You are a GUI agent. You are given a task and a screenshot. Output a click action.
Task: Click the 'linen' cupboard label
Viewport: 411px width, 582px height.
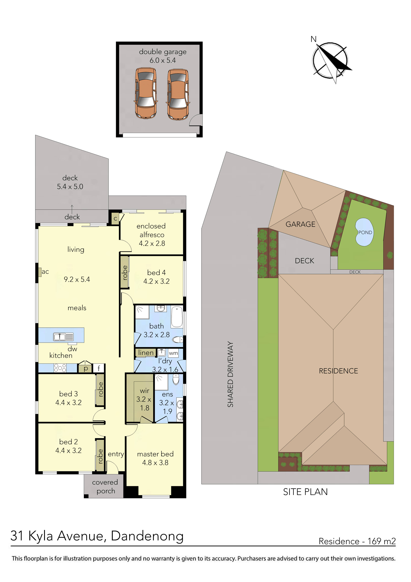tap(146, 353)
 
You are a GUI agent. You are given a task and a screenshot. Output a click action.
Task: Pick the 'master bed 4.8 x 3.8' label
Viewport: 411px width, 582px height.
tap(155, 458)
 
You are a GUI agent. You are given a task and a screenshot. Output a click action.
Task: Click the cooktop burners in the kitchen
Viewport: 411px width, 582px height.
tap(60, 368)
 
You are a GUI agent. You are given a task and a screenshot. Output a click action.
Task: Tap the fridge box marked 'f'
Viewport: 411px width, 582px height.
tap(99, 368)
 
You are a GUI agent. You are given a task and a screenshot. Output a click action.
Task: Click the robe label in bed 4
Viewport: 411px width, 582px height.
tap(125, 272)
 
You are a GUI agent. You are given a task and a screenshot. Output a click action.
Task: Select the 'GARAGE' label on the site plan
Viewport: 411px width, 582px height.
tap(300, 224)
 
